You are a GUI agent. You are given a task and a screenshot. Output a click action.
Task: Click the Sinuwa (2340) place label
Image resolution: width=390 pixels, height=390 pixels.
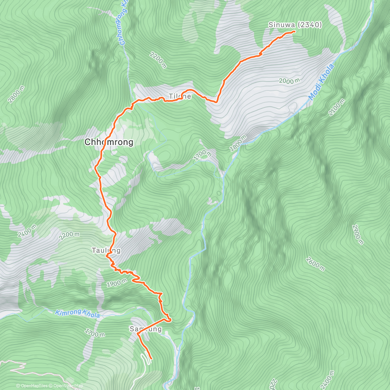[x=295, y=25]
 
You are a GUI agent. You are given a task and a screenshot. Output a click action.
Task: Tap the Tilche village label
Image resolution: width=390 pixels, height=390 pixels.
[x=180, y=97]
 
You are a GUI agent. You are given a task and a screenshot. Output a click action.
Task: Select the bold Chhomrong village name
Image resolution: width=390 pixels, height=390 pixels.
[x=109, y=142]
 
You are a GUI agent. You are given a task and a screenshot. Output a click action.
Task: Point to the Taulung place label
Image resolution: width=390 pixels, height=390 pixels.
[x=106, y=250]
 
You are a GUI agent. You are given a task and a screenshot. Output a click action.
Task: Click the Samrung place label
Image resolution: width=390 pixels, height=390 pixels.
[x=146, y=329]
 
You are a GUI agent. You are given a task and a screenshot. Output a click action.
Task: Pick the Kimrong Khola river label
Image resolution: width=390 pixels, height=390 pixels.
[x=77, y=314]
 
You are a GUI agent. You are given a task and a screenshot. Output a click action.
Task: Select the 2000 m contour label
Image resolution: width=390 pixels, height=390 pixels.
[x=289, y=81]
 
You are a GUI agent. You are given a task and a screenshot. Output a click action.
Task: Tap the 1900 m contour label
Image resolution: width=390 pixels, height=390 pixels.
[x=116, y=283]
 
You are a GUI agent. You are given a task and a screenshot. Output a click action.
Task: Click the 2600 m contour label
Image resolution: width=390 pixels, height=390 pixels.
[x=315, y=264]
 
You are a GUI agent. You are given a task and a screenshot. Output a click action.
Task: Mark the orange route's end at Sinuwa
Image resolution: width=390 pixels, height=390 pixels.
[x=294, y=31]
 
